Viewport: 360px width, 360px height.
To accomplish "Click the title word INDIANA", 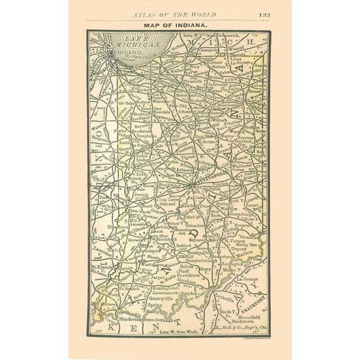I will (x=189, y=24).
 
